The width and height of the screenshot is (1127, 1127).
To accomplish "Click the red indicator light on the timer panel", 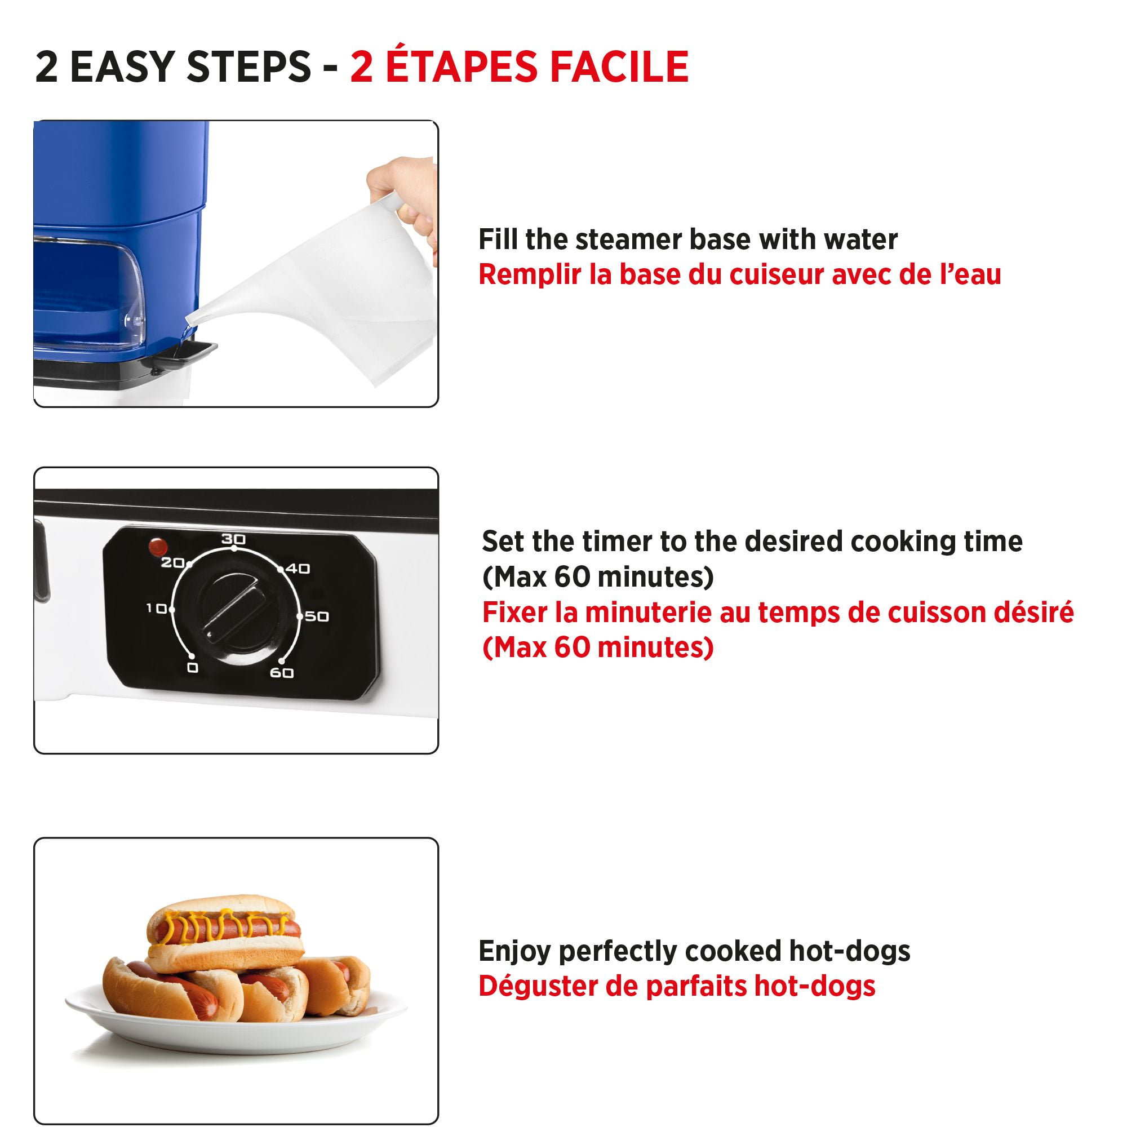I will [158, 547].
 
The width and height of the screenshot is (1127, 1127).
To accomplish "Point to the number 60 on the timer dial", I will [282, 673].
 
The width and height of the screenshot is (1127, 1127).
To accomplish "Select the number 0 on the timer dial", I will [193, 667].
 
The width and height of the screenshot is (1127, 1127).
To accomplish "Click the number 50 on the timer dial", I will [317, 616].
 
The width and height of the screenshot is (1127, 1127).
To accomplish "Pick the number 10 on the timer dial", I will [156, 609].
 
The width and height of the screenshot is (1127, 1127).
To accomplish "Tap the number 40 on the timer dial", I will [298, 568].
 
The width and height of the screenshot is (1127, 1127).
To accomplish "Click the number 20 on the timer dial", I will [172, 563].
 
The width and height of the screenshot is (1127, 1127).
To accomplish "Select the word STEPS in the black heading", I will [249, 66].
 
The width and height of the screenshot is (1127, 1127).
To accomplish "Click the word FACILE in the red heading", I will [619, 66].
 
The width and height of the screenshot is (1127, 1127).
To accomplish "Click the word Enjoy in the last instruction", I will [514, 951].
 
